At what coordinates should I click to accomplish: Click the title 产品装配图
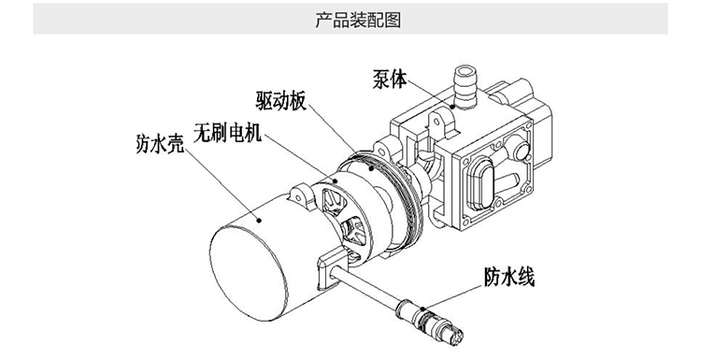click(358, 21)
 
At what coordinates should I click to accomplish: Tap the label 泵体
click(390, 79)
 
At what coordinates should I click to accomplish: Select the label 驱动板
click(281, 101)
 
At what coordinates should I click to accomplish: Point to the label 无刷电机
click(227, 133)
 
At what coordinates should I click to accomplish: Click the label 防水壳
click(160, 144)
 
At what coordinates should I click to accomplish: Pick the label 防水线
click(509, 278)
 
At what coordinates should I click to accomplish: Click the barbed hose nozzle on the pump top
click(465, 87)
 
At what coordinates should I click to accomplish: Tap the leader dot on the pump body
click(453, 107)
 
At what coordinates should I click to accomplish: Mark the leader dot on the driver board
click(371, 168)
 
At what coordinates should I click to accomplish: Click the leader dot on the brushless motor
click(336, 180)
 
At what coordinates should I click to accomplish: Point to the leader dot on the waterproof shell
click(259, 220)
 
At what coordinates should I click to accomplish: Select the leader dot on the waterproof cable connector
click(422, 309)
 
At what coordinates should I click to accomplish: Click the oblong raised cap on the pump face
click(480, 184)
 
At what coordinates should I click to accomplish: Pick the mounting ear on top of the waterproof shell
click(299, 195)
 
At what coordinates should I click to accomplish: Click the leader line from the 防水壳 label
click(222, 184)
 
